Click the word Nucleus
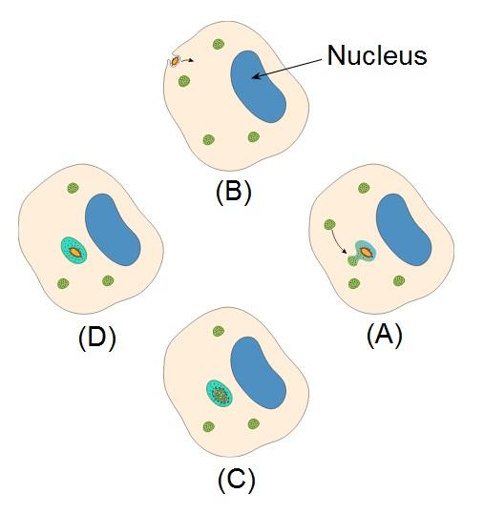[x=377, y=55]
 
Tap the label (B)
[x=233, y=192]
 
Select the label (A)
[x=385, y=335]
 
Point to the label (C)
[x=236, y=480]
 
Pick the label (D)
[x=97, y=338]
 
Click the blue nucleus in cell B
[x=257, y=87]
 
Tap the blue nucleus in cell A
[x=403, y=230]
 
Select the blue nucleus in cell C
[x=258, y=373]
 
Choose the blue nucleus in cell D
[x=113, y=230]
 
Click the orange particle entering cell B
[x=175, y=61]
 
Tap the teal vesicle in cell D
[x=74, y=251]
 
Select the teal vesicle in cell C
[x=220, y=393]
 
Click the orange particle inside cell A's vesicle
[x=366, y=252]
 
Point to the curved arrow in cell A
[x=338, y=242]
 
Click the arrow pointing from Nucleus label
[x=285, y=70]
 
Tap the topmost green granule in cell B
[x=219, y=44]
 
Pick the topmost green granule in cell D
[x=73, y=188]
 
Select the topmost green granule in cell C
[x=219, y=331]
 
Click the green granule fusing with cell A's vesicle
[x=353, y=261]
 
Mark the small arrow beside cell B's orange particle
[x=187, y=60]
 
